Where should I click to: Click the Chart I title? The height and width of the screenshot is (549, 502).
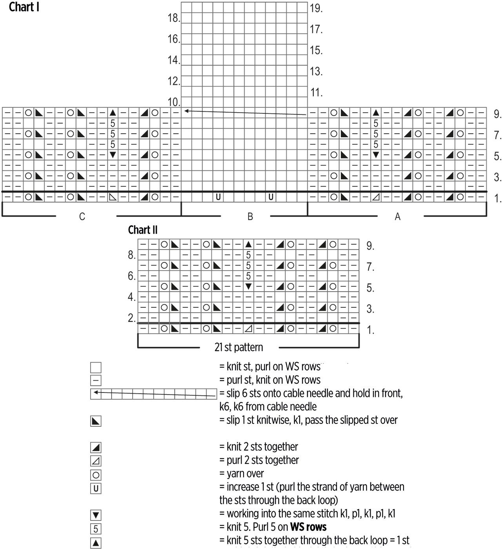pos(24,7)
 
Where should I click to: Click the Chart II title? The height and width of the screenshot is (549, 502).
pos(143,230)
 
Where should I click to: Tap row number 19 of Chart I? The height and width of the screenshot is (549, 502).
pos(316,8)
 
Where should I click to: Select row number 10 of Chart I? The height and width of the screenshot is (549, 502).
pos(173,102)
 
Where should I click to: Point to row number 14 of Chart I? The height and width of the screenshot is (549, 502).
pos(173,60)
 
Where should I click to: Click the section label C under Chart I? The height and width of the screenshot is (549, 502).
pos(82,216)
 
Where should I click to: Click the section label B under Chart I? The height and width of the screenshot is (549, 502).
pos(250,216)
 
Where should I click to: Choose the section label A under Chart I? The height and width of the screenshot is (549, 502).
pos(397,216)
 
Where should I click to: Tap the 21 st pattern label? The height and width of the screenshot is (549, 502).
pos(239,347)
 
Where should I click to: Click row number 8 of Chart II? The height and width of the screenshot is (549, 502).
pos(131,255)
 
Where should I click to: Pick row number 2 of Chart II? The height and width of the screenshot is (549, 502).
pos(131,318)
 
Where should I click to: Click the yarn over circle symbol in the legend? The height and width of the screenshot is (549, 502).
pos(96,475)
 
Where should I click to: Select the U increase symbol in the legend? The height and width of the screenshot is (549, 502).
pos(96,489)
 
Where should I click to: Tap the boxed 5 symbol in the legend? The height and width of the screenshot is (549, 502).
pos(96,529)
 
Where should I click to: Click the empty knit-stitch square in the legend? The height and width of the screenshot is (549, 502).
pos(96,367)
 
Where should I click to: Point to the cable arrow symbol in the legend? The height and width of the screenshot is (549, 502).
pos(153,394)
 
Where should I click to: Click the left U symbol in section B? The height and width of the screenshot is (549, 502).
pos(218,197)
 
